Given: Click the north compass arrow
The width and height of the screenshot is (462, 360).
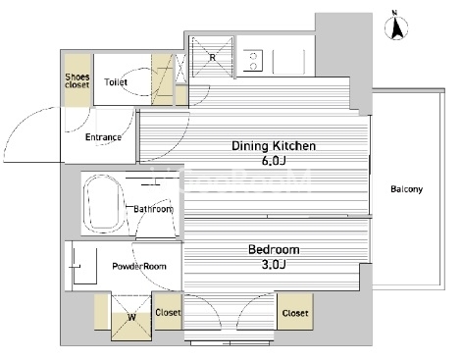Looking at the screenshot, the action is point(396,27).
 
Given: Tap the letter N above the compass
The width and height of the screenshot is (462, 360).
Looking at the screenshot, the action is point(394,13).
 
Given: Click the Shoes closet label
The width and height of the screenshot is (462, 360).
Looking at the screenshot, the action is point(77,80).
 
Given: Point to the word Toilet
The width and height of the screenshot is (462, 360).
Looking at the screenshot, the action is point(116,82).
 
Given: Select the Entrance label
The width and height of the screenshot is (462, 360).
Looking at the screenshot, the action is point(103,137).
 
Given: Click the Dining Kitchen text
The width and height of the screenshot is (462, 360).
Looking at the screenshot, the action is point(274,146).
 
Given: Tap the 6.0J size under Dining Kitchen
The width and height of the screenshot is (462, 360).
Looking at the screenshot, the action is point(275,161).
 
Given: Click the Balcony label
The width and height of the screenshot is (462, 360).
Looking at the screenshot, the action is point(407,189).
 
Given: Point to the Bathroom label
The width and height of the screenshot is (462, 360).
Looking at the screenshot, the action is point(153,209).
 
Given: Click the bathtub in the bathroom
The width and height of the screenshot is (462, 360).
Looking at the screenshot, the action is point(102,203).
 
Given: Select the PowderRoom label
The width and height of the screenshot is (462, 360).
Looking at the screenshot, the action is point(139,266).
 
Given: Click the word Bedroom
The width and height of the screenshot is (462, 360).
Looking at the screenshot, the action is point(274,250).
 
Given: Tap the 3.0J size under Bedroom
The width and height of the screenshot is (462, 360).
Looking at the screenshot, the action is point(274,264).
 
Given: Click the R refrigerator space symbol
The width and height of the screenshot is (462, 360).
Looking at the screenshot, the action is point(213,58).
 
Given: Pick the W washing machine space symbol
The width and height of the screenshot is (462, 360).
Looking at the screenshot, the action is point(131,317).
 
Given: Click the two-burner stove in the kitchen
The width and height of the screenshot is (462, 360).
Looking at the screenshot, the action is point(252,61).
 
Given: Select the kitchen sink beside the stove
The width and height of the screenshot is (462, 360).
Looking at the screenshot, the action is point(288,62).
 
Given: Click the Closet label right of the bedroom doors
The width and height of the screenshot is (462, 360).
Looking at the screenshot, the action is point(295,313).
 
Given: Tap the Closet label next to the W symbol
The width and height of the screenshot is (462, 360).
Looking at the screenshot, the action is point(168,313).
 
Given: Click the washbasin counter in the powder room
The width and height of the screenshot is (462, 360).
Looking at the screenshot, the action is point(84,266).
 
